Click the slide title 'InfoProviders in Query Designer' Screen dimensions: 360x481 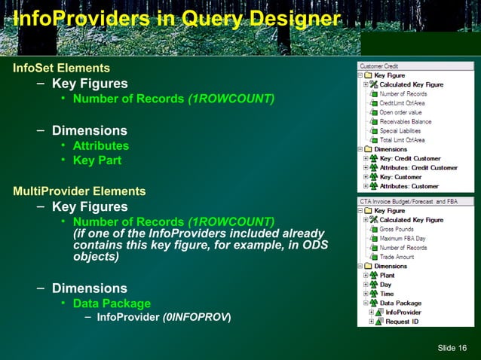point(171,17)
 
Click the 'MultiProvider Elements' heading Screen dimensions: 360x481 point(79,191)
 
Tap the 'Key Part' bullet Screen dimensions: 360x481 point(97,160)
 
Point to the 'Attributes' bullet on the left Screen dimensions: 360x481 point(100,145)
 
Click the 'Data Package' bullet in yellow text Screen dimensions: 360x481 point(111,304)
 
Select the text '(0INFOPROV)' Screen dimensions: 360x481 point(197,317)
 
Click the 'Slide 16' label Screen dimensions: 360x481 point(452,346)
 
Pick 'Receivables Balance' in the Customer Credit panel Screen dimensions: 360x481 point(405,121)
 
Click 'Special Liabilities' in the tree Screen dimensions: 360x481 point(403,130)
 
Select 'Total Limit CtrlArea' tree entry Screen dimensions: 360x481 point(402,140)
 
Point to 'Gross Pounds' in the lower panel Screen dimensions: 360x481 point(397,229)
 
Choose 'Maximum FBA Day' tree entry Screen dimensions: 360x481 point(403,238)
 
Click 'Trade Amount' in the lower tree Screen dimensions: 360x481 point(397,257)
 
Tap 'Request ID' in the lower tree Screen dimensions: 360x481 point(403,322)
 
